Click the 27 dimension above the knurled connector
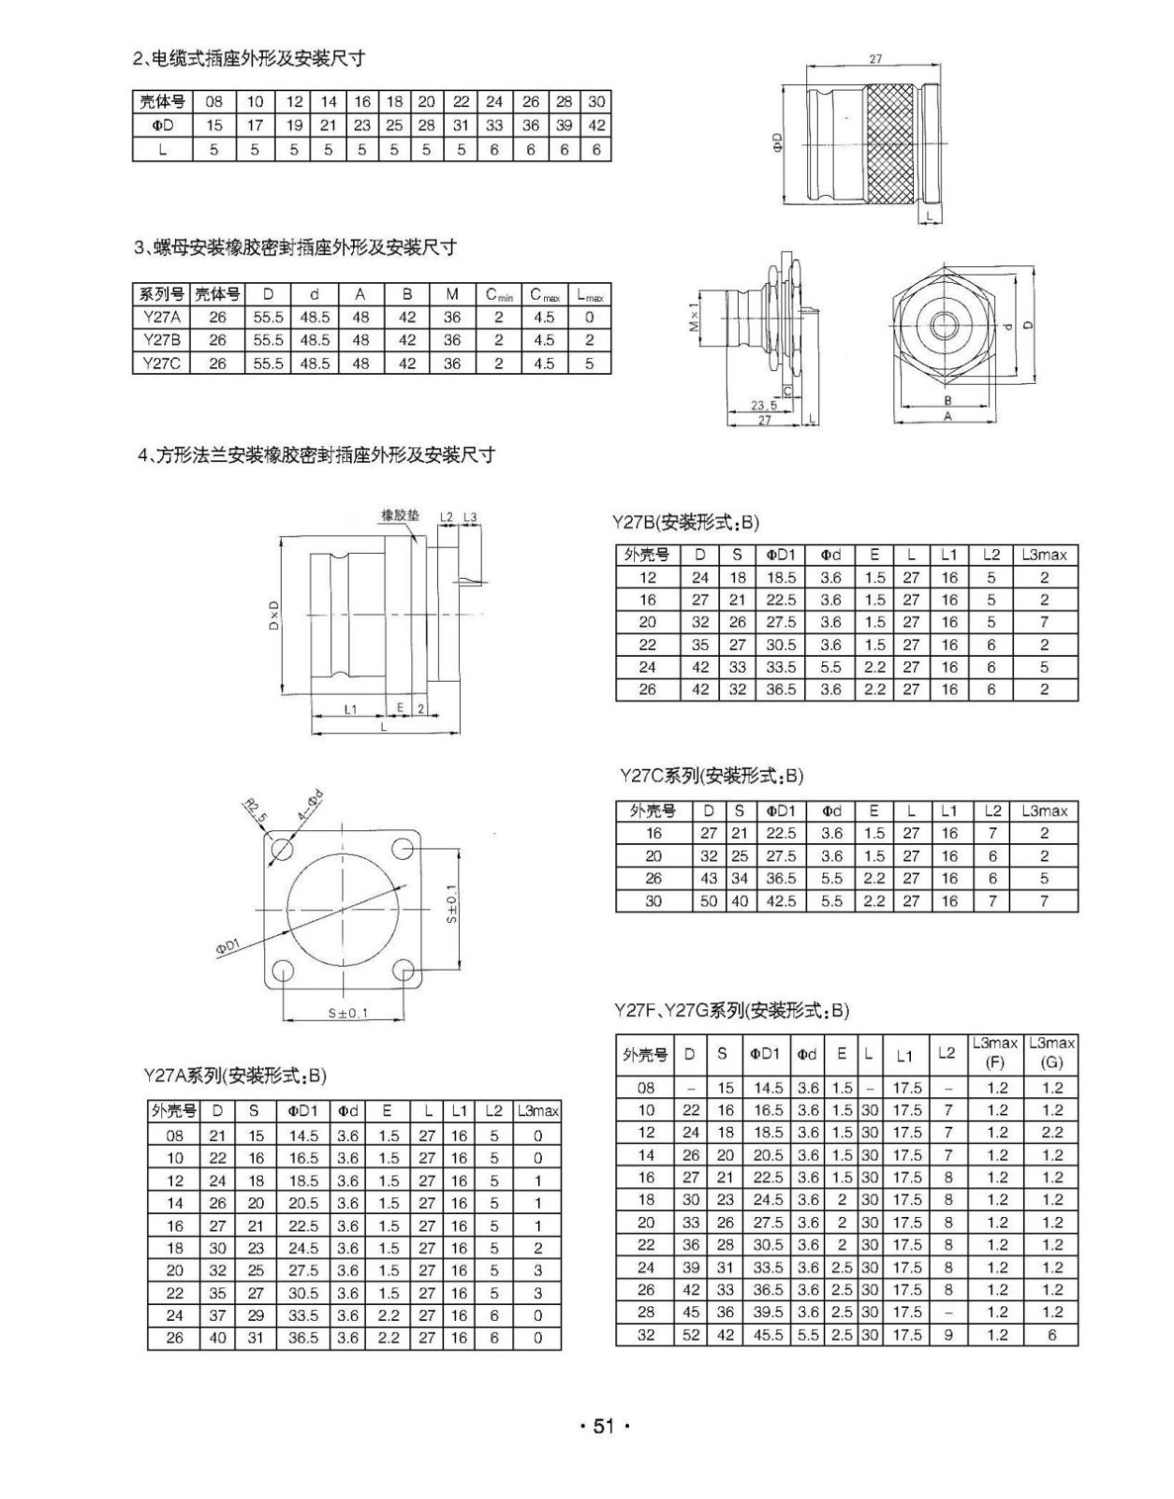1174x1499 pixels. (x=875, y=58)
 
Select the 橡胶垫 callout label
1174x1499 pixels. (x=401, y=515)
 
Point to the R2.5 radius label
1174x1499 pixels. (x=254, y=809)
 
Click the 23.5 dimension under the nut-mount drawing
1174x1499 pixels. (x=764, y=406)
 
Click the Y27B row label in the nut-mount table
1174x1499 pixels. (x=161, y=340)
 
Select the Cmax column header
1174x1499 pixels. (x=544, y=295)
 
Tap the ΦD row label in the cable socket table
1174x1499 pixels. (x=162, y=126)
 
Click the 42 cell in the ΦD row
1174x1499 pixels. (x=596, y=126)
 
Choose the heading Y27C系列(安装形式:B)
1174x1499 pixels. (x=711, y=776)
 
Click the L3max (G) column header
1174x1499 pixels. (x=1051, y=1053)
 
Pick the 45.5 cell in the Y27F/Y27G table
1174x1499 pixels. (x=768, y=1335)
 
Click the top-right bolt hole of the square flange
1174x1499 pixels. (x=404, y=849)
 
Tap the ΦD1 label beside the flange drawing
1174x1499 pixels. (x=227, y=947)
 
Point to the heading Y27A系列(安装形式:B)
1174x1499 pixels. (x=235, y=1075)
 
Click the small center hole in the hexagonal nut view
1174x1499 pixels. (x=942, y=326)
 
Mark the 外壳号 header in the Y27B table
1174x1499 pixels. (x=648, y=555)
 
